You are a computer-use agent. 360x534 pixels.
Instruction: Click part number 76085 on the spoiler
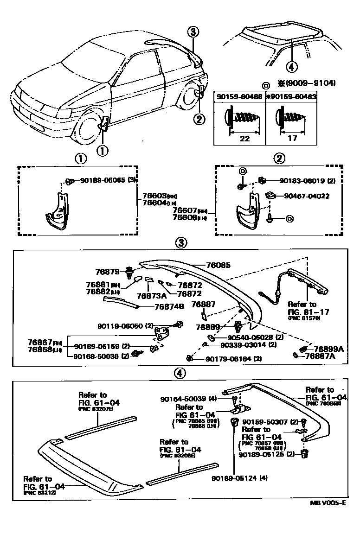coord(218,265)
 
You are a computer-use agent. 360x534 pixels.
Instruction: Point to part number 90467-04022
coord(304,196)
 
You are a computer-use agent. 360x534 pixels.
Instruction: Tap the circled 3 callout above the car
coord(193,32)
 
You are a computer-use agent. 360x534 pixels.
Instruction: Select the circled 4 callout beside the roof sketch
coord(291,67)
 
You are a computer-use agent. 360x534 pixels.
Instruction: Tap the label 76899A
coord(328,349)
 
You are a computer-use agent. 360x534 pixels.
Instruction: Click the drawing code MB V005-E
coord(326,515)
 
